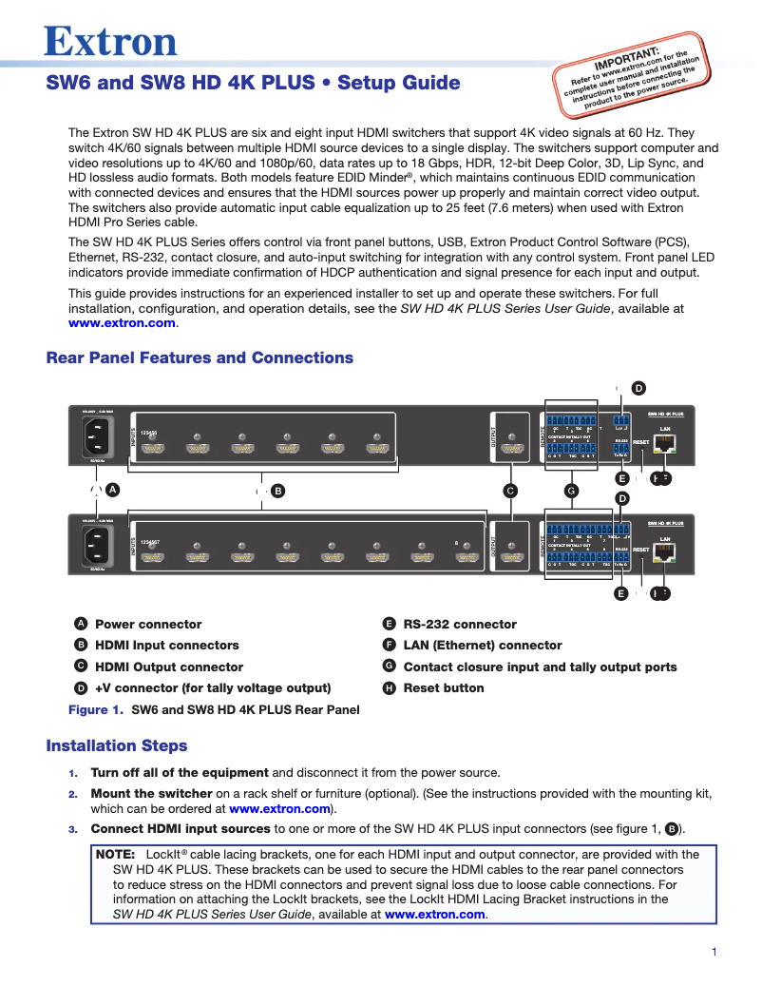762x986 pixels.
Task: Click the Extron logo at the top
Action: coord(111,41)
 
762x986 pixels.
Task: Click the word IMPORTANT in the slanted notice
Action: coord(626,58)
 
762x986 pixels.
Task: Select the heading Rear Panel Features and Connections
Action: coord(200,358)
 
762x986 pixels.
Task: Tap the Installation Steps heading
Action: coord(117,745)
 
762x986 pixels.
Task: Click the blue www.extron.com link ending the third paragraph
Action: coord(123,323)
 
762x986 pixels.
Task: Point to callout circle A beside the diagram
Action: coord(112,489)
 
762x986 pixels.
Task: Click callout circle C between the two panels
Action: coord(510,491)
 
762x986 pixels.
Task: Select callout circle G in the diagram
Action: coord(571,491)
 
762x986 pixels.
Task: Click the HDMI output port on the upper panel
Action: coord(513,448)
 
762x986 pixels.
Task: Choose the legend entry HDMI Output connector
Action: coord(169,667)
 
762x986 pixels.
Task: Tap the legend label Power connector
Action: coord(148,625)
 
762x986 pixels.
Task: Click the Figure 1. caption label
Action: coord(96,709)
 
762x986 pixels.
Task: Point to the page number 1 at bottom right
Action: coord(714,953)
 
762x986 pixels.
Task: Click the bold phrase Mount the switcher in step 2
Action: coord(151,793)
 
